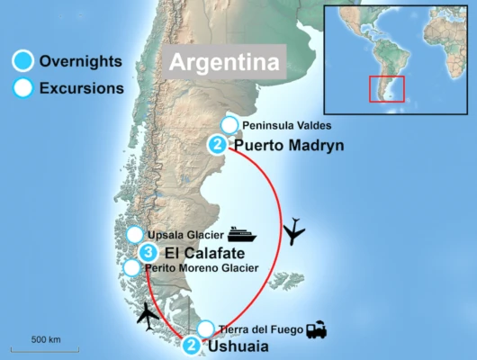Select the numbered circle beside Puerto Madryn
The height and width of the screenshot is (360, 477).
tap(217, 144)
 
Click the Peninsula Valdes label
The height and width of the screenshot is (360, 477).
tap(281, 125)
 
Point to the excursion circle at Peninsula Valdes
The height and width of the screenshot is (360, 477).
tap(229, 125)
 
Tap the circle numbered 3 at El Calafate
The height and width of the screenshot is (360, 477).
tap(149, 252)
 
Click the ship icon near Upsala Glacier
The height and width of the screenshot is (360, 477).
tap(241, 235)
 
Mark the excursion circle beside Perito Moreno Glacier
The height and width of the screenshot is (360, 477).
tap(132, 268)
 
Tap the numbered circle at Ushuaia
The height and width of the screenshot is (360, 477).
tap(192, 345)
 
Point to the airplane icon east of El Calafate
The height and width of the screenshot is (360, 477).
tap(294, 233)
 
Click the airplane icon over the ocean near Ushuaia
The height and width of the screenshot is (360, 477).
tap(149, 316)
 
